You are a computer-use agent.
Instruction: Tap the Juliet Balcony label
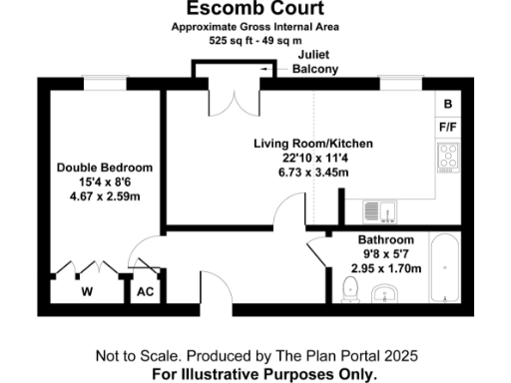(314, 62)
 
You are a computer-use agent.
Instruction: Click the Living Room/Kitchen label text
(300, 144)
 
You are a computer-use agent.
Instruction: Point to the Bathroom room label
(386, 240)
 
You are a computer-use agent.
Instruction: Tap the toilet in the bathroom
(348, 290)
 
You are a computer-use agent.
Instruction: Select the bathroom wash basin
(385, 295)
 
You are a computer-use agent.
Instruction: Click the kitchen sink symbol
(379, 210)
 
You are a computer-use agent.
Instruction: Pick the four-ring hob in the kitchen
(448, 157)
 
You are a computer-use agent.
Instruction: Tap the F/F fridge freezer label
(448, 128)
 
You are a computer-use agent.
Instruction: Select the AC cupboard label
(144, 292)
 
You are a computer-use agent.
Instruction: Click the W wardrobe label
(87, 292)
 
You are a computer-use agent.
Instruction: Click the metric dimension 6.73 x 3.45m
(300, 172)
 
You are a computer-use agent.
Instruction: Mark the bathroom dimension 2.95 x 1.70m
(386, 268)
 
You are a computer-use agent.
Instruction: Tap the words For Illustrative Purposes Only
(264, 374)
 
